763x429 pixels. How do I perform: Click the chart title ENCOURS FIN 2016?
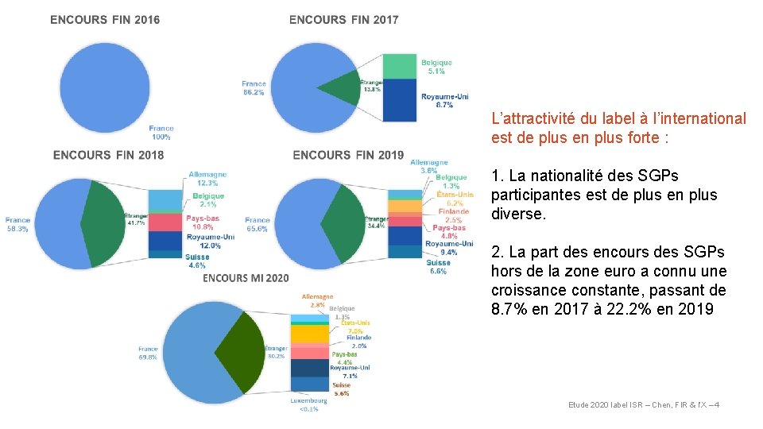105,20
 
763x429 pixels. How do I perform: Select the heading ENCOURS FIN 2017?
344,20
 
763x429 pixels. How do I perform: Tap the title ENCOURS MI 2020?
246,278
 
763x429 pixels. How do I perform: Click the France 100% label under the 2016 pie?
161,133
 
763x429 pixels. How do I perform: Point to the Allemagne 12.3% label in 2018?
207,180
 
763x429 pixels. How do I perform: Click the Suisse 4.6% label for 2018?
198,261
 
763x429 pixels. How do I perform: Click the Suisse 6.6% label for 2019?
438,267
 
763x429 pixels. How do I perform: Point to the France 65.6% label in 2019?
258,224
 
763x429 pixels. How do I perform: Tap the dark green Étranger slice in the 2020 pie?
242,350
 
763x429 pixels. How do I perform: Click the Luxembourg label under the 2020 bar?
308,405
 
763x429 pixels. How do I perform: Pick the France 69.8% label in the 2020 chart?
148,354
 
